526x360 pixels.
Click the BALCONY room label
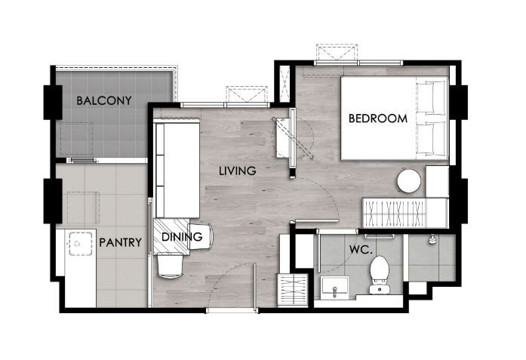coord(104,100)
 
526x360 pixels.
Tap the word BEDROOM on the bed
coord(378,118)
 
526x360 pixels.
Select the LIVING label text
coord(238,171)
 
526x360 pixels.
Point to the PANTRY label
coord(121,242)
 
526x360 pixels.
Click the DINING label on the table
coord(182,237)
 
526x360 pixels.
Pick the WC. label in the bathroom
coord(361,250)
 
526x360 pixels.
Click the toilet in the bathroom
coord(379,275)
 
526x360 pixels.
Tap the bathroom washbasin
coord(334,287)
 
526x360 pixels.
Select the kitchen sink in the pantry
coord(81,244)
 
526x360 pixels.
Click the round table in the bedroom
coord(409,181)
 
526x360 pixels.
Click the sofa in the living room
coord(177,171)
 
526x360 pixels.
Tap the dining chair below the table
coord(171,266)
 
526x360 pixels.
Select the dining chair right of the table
coord(201,236)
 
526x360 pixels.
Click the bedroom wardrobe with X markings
coord(395,214)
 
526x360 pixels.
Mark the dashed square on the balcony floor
coord(76,139)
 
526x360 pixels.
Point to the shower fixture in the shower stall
coord(432,239)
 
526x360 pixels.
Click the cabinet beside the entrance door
coord(294,289)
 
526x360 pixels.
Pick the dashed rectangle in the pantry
coord(83,208)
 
